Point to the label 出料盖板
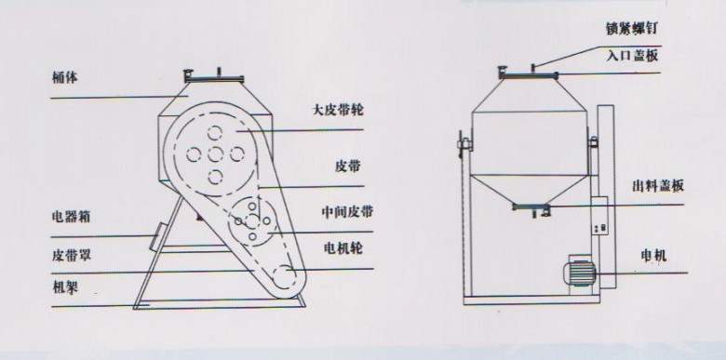point(656,186)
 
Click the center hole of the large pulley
point(214,153)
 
